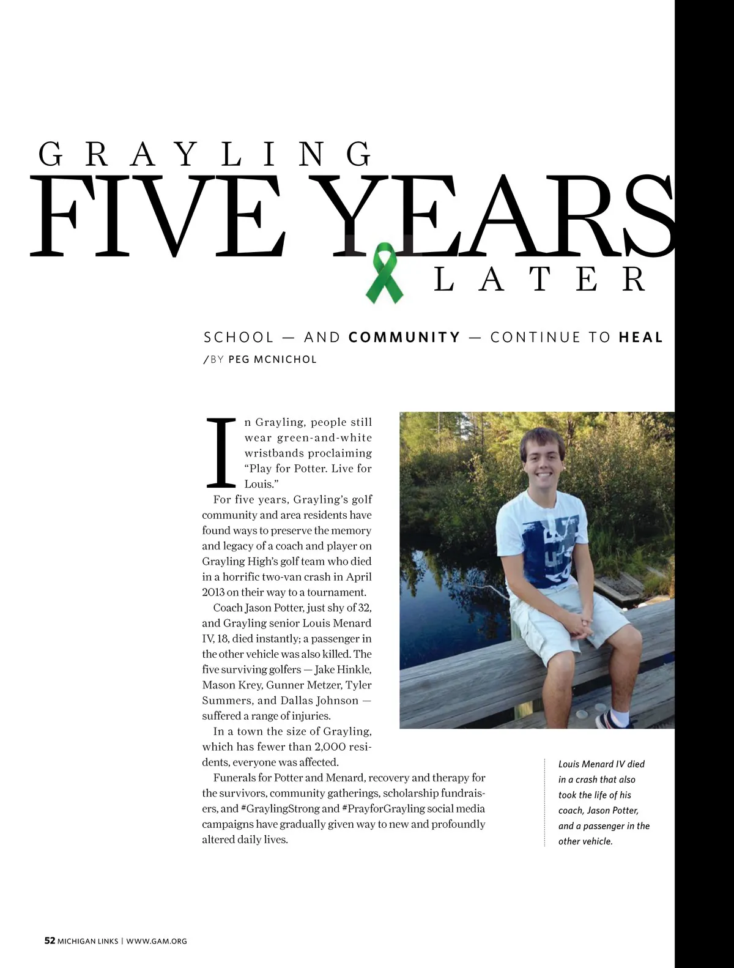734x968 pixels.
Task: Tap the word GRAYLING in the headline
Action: click(x=205, y=154)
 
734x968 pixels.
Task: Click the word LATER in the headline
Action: click(x=539, y=280)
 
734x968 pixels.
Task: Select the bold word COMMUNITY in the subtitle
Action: click(x=404, y=337)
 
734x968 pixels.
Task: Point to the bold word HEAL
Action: click(x=640, y=337)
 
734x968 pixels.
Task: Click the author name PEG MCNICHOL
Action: click(x=272, y=359)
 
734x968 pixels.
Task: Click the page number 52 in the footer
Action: click(x=50, y=940)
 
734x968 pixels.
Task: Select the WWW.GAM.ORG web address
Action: click(x=157, y=941)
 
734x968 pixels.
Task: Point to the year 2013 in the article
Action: click(x=213, y=592)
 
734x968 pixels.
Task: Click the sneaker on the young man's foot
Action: click(x=614, y=720)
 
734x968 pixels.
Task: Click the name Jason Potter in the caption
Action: click(x=613, y=810)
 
